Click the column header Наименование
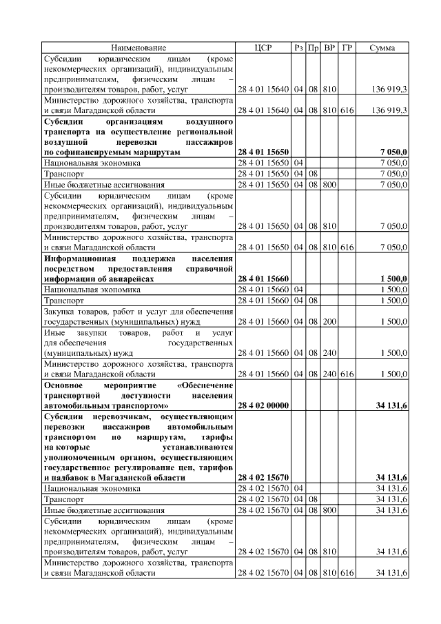click(137, 48)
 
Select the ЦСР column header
click(263, 48)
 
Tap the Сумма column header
click(382, 48)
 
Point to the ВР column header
click(329, 48)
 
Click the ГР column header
click(347, 48)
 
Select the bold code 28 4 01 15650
click(263, 152)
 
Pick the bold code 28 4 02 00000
click(263, 406)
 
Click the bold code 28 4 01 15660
click(263, 279)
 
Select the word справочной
click(209, 268)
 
